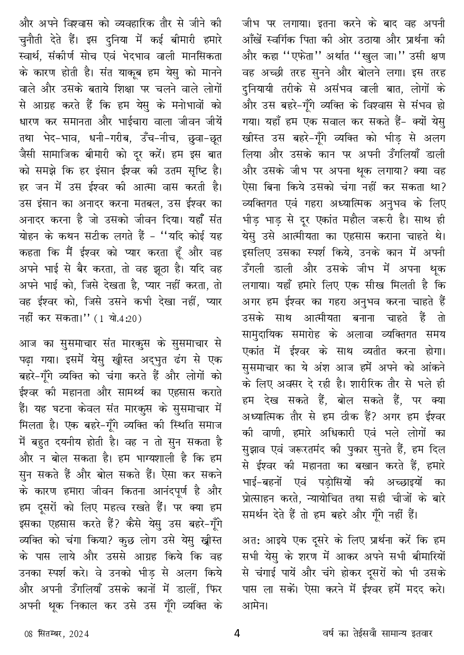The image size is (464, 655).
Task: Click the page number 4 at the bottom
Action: tap(237, 633)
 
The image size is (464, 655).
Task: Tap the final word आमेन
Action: tap(255, 604)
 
